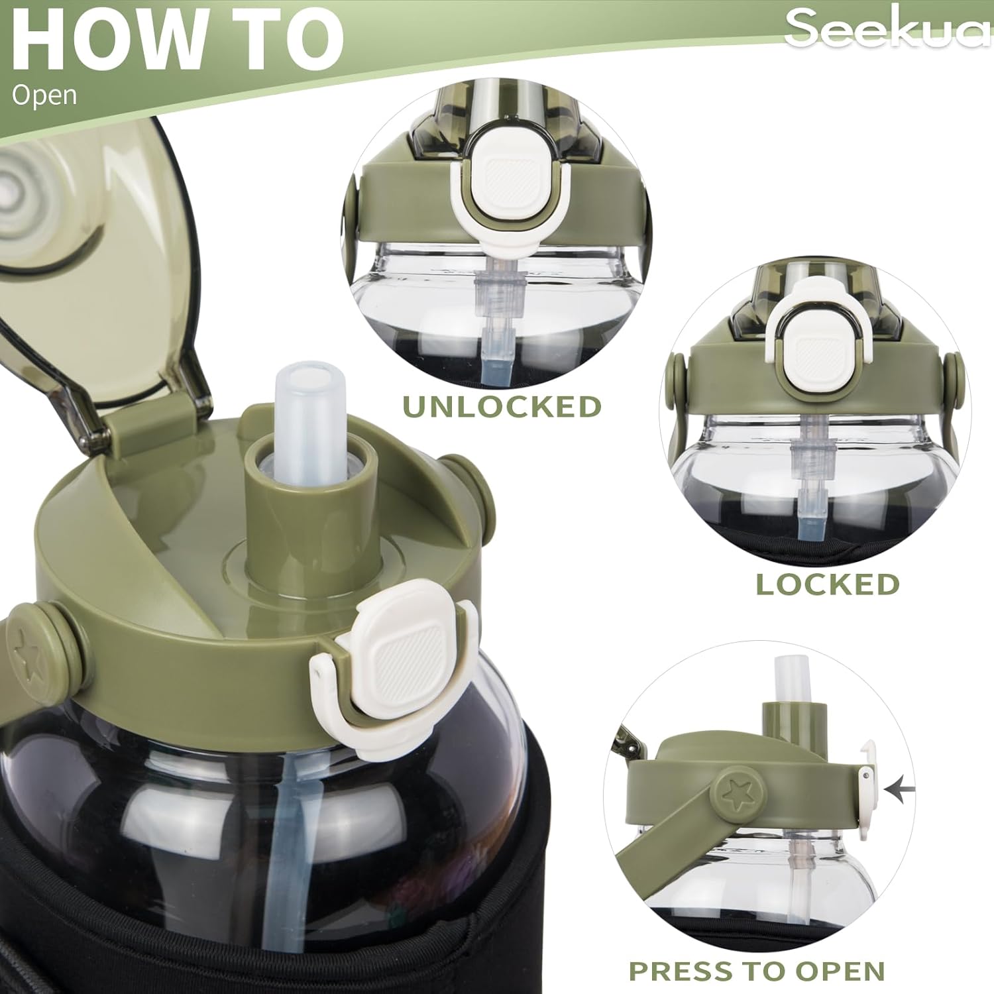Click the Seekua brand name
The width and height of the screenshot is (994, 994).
pyautogui.click(x=889, y=28)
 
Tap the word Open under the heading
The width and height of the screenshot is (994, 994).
pyautogui.click(x=44, y=95)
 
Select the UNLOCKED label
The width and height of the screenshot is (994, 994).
pyautogui.click(x=502, y=407)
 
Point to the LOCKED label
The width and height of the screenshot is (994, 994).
pyautogui.click(x=828, y=584)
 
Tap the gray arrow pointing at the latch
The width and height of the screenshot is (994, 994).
pyautogui.click(x=899, y=789)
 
